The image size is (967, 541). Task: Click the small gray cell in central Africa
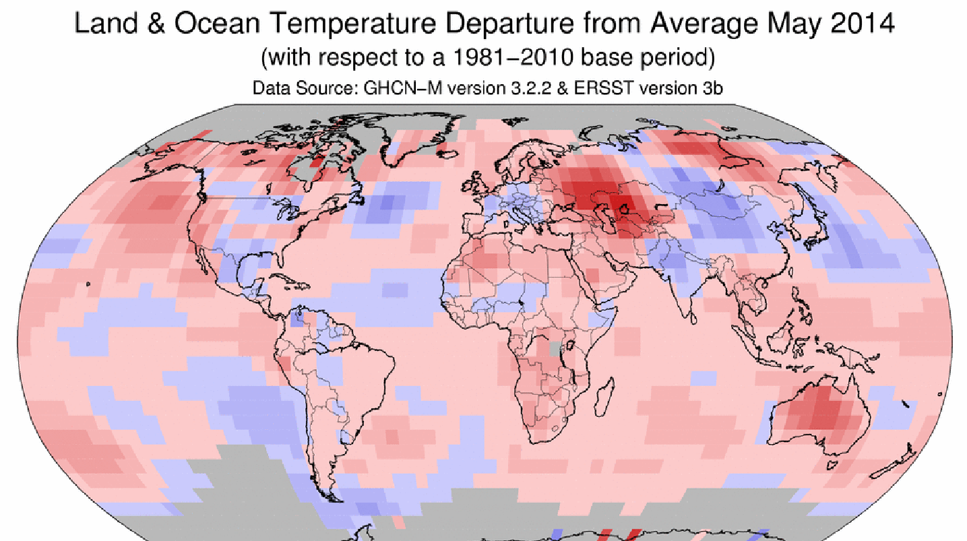point(555,348)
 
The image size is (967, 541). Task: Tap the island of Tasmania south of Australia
point(835,465)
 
